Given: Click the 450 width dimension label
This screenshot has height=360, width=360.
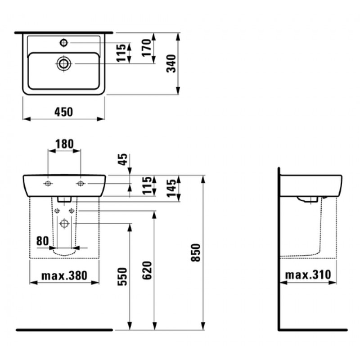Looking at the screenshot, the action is (x=63, y=112).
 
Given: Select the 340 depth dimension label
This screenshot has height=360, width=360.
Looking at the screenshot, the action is (x=171, y=63).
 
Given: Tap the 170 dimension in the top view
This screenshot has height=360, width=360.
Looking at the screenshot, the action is (x=147, y=48).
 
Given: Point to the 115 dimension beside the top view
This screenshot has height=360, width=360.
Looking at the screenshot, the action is (x=121, y=53).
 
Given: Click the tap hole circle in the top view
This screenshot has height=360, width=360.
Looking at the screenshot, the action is (x=63, y=43).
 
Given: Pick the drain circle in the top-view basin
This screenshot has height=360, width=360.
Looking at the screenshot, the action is (x=63, y=63).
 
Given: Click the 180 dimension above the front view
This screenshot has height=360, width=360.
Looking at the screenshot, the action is (x=64, y=144).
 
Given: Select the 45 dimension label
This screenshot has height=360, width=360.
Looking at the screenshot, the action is (x=123, y=159).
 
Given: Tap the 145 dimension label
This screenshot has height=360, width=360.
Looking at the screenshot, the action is (x=171, y=188).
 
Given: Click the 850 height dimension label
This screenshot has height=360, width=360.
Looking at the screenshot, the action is (x=196, y=252).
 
